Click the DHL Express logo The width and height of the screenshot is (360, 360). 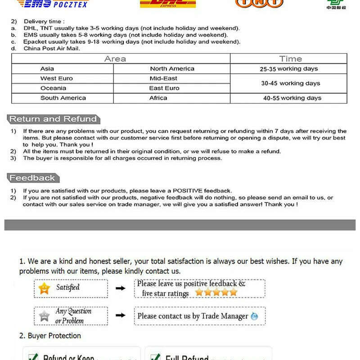pyautogui.click(x=168, y=4)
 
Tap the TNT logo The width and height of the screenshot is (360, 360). pyautogui.click(x=259, y=4)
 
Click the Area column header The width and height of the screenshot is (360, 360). pyautogui.click(x=115, y=59)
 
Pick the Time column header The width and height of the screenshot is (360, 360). pyautogui.click(x=290, y=59)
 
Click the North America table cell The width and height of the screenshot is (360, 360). pyautogui.click(x=172, y=69)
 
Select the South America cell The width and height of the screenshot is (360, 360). pyautogui.click(x=63, y=98)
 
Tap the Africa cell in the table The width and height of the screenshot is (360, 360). pyautogui.click(x=158, y=98)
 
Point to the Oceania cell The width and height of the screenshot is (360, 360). pyautogui.click(x=53, y=88)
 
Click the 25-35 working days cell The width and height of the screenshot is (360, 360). pyautogui.click(x=288, y=69)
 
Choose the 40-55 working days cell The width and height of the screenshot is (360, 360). pyautogui.click(x=292, y=98)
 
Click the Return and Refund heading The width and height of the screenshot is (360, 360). pyautogui.click(x=53, y=119)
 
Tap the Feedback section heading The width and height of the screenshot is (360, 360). pyautogui.click(x=32, y=178)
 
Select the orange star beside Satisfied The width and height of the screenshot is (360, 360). pyautogui.click(x=44, y=288)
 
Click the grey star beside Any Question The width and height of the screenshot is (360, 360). pyautogui.click(x=44, y=315)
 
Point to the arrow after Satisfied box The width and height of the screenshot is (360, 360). pyautogui.click(x=121, y=288)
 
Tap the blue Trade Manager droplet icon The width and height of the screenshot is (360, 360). pyautogui.click(x=255, y=316)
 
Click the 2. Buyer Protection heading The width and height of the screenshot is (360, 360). pyautogui.click(x=50, y=336)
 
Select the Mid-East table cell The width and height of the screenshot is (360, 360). pyautogui.click(x=164, y=78)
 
